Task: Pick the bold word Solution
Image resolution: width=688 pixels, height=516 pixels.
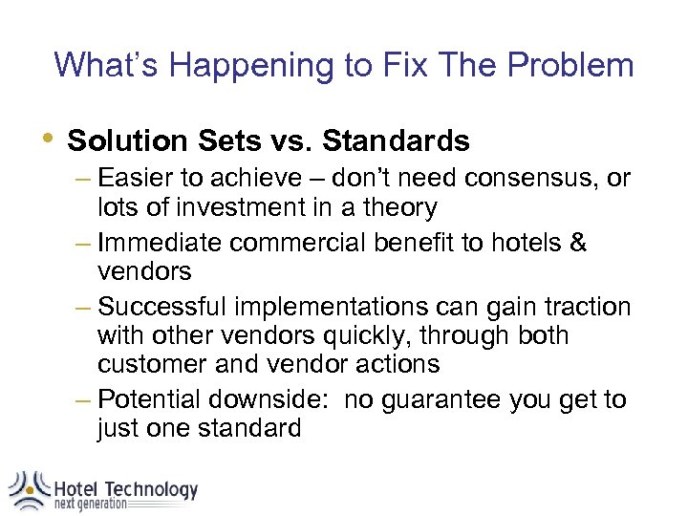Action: point(128,141)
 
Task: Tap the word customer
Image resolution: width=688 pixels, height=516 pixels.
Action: point(152,364)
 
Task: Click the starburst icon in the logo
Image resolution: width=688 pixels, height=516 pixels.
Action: point(29,487)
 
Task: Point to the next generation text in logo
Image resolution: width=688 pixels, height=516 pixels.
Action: point(91,504)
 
